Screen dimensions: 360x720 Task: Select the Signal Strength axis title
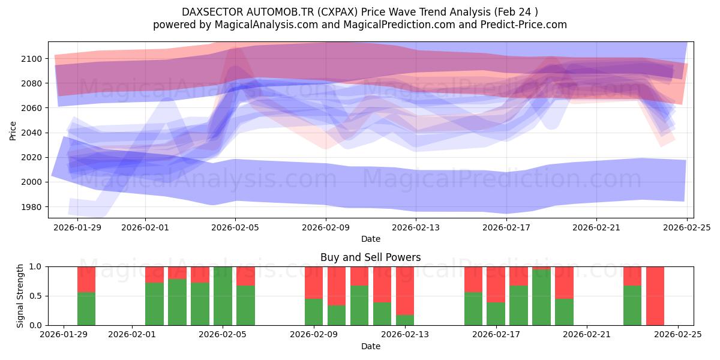click(20, 296)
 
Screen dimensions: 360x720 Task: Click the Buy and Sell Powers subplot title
click(370, 257)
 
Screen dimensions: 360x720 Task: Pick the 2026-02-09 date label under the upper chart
click(325, 227)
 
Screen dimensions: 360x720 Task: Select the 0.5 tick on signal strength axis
click(35, 296)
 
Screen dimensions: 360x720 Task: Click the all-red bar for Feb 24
click(655, 296)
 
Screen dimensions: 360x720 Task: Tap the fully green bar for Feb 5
click(223, 296)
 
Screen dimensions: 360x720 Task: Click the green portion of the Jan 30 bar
click(86, 309)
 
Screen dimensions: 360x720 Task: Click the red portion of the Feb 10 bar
click(337, 285)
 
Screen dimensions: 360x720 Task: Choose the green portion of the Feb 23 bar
click(632, 306)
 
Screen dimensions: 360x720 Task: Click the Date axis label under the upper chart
click(370, 239)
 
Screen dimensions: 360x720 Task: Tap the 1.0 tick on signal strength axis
click(35, 266)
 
